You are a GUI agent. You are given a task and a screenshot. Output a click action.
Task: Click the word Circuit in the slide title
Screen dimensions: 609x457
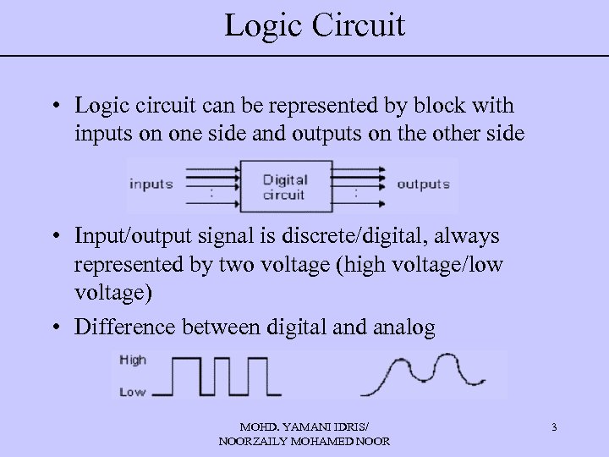click(358, 25)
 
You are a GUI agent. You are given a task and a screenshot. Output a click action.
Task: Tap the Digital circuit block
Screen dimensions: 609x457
click(284, 186)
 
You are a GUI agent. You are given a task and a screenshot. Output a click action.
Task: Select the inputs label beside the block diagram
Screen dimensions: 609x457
click(151, 184)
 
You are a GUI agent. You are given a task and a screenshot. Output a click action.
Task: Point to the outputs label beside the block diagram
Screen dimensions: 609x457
click(423, 184)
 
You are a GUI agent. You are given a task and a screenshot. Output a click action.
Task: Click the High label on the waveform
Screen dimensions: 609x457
click(133, 360)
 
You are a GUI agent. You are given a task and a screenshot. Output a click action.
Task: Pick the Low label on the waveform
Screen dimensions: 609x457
click(133, 392)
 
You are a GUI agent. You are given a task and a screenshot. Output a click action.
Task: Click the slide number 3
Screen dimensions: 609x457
click(553, 427)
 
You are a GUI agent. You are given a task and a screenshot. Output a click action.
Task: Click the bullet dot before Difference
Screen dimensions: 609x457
click(53, 328)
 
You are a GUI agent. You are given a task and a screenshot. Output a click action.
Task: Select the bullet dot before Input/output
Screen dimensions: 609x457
click(53, 235)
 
